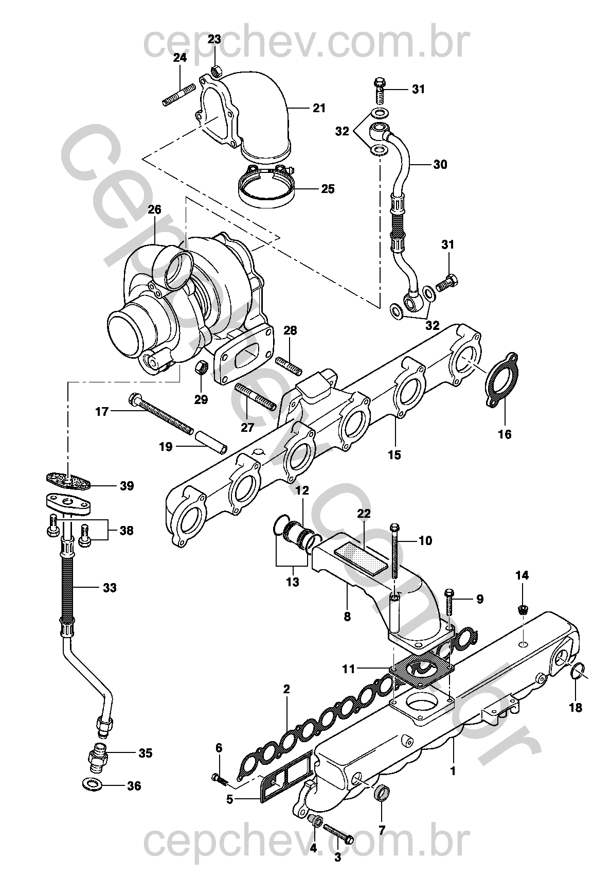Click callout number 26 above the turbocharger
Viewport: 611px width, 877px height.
coord(154,209)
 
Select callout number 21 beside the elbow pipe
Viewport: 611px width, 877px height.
coord(319,108)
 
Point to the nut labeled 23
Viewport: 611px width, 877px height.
coord(217,71)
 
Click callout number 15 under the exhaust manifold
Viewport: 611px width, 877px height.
coord(394,454)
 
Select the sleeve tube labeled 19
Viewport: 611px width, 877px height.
coord(211,442)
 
